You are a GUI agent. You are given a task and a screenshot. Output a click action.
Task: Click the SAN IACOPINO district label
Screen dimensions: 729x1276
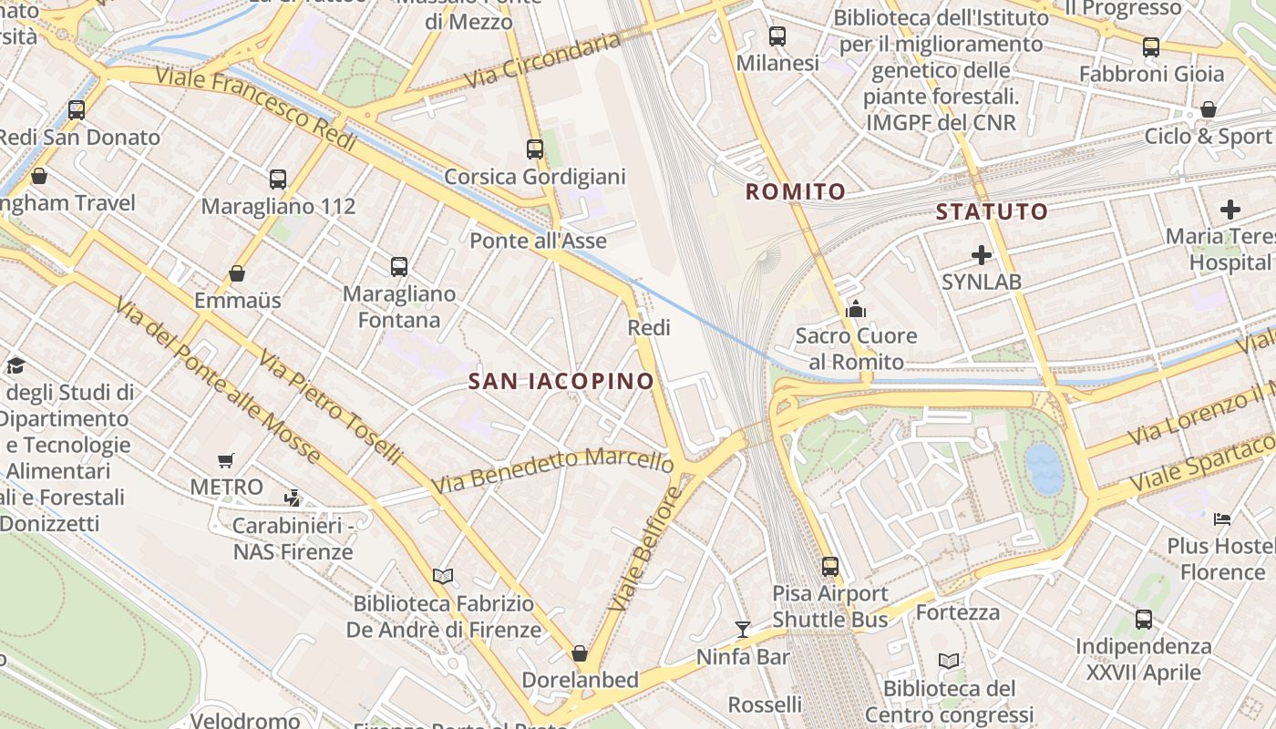click(561, 381)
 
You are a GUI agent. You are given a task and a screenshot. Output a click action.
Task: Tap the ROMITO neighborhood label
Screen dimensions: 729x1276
click(796, 191)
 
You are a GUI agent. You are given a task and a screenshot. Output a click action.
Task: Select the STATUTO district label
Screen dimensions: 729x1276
click(992, 211)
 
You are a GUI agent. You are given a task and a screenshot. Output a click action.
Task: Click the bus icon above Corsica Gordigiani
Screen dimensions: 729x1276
click(535, 149)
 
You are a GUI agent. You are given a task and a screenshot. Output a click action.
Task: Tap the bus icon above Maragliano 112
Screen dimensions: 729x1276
click(278, 179)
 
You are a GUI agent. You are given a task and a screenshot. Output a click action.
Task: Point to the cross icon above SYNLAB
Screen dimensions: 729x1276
click(982, 254)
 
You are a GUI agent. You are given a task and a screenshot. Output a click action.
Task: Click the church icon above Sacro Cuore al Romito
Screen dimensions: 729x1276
click(855, 310)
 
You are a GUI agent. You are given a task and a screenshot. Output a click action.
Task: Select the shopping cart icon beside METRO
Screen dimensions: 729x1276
click(226, 460)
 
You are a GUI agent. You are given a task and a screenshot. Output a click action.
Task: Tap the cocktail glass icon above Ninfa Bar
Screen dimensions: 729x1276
click(743, 629)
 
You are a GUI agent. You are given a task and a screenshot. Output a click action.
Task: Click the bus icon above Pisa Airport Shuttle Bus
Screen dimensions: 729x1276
click(829, 566)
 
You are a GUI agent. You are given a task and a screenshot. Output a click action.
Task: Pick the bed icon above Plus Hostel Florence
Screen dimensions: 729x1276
click(1222, 519)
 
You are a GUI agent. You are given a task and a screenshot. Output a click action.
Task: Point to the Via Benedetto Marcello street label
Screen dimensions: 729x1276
click(552, 469)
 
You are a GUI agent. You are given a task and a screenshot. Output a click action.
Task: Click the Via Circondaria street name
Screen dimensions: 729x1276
click(543, 60)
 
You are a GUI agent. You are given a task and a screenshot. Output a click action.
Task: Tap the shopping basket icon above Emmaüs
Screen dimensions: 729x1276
click(237, 272)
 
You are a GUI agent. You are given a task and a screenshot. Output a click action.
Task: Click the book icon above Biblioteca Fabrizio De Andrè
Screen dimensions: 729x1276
click(443, 575)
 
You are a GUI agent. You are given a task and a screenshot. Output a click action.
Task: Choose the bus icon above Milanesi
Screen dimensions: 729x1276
click(777, 36)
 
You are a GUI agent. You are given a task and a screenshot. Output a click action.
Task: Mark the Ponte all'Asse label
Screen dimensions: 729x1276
click(538, 241)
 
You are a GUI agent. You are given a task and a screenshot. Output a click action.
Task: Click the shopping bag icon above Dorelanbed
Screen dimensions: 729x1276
click(579, 653)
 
